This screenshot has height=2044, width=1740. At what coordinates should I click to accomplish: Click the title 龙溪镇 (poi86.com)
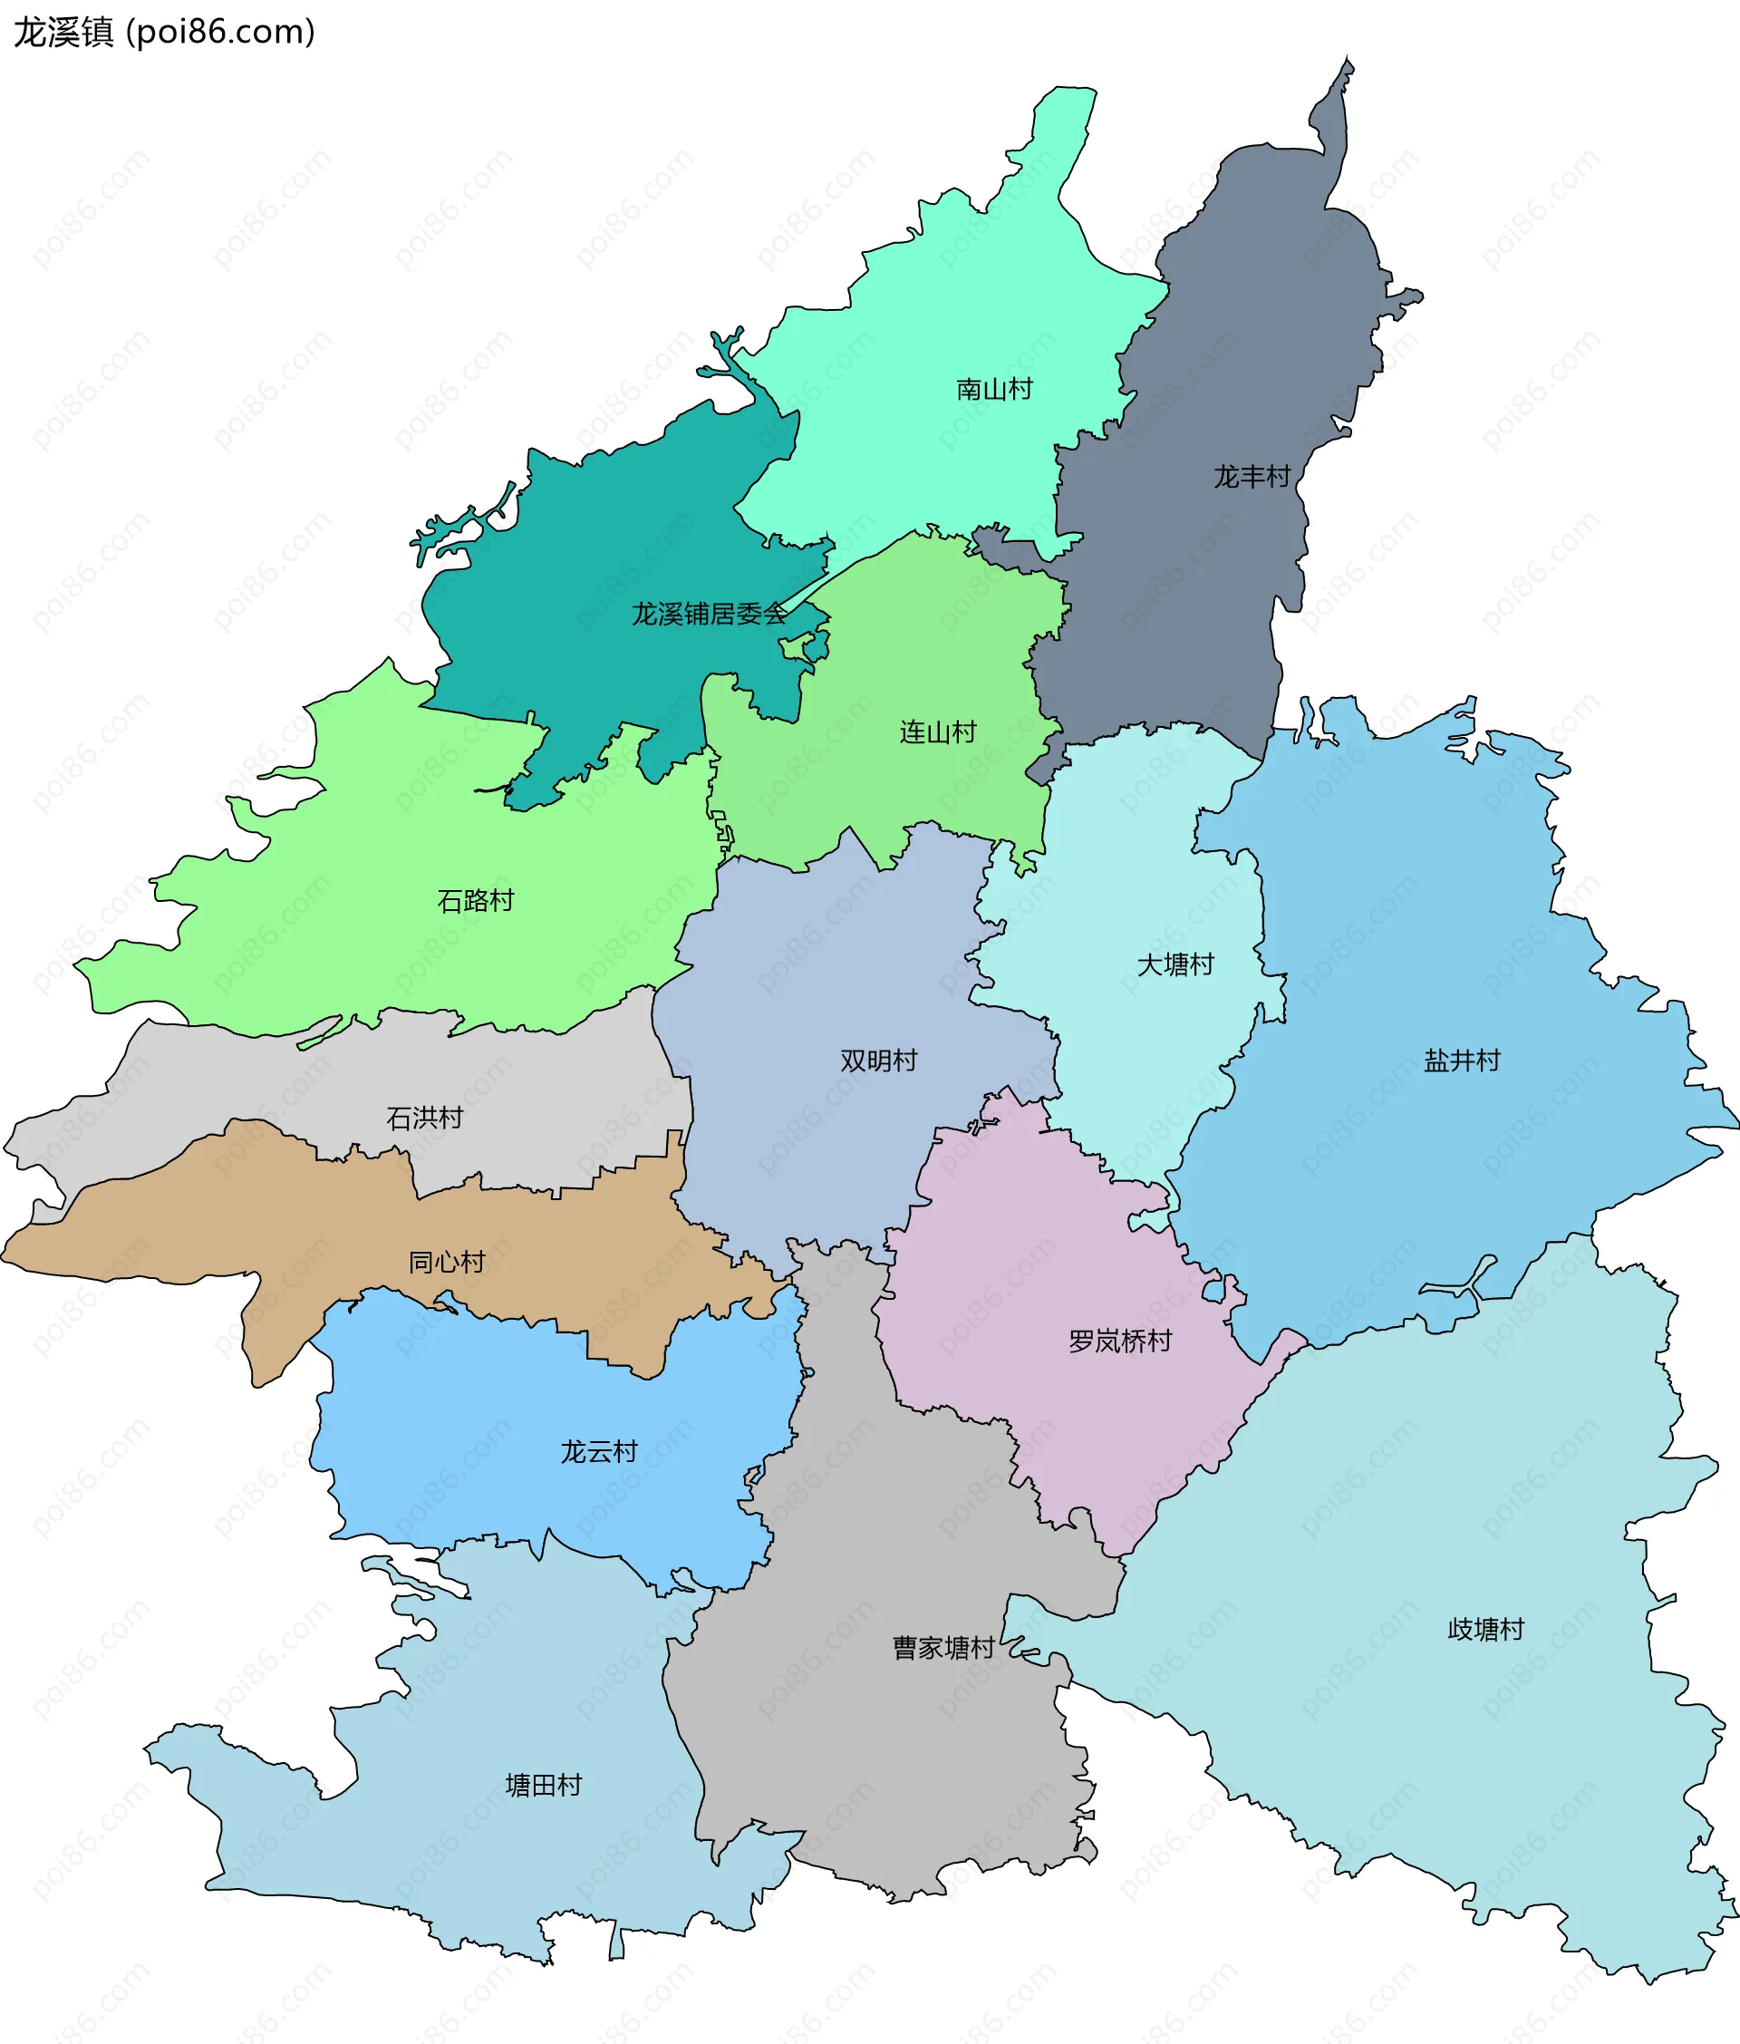[164, 32]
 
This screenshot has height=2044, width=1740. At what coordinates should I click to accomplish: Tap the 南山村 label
[993, 389]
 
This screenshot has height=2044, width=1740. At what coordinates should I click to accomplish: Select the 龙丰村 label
[1251, 477]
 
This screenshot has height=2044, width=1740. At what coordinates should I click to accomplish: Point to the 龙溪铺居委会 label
[710, 614]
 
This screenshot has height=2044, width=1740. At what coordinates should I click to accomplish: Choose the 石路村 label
[475, 900]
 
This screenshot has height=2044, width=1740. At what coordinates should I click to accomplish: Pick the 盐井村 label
[1461, 1060]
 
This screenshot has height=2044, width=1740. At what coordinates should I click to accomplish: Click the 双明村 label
[878, 1060]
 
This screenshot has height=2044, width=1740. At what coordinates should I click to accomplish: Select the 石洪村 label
[424, 1117]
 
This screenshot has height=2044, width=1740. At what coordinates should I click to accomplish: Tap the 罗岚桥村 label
[1119, 1341]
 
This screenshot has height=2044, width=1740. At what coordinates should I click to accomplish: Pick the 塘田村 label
[543, 1785]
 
